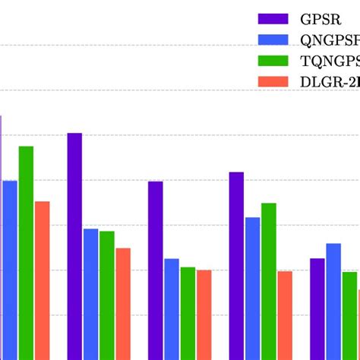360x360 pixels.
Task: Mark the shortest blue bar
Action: (172, 308)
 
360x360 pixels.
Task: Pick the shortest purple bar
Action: (317, 308)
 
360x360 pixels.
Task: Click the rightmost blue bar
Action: (333, 301)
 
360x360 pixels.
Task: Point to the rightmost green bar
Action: (349, 315)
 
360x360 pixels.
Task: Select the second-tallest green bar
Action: (269, 281)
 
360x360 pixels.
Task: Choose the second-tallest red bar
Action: (123, 303)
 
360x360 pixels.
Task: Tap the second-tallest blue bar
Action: (252, 288)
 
